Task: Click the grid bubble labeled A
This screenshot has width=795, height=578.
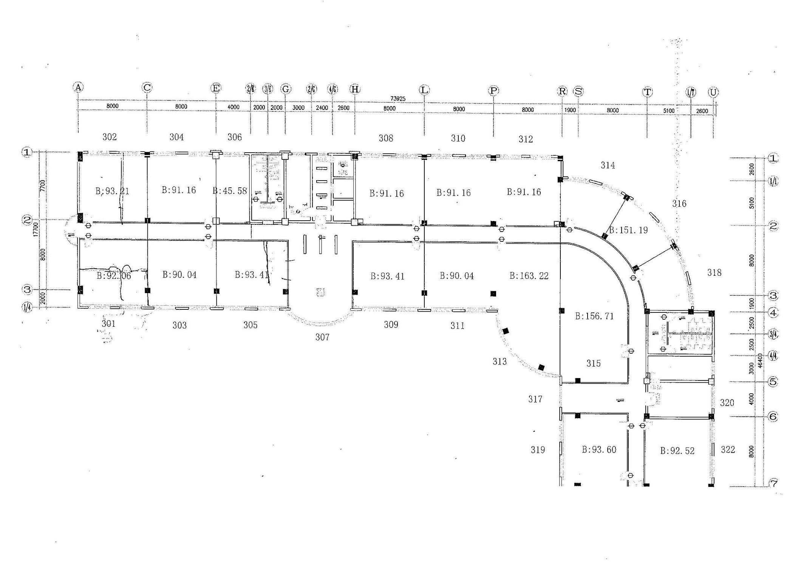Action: coord(78,87)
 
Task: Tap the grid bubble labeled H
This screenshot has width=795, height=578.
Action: coord(355,89)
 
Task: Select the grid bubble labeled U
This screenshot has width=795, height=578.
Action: coord(713,92)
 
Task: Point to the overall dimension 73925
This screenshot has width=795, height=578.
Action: coord(397,99)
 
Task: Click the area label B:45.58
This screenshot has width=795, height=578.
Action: coord(230,191)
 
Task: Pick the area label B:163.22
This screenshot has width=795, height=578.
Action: coord(529,276)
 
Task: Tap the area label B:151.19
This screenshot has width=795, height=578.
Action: coord(628,230)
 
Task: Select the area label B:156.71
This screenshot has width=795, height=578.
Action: coord(594,316)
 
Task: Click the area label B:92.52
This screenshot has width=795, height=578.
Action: coord(677,451)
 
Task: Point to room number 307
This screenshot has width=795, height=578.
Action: coord(322,337)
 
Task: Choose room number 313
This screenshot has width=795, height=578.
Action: coord(499,362)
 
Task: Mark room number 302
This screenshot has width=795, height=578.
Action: coord(110,137)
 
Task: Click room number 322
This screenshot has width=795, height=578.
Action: coord(728,450)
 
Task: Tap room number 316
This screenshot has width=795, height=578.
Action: coord(679,204)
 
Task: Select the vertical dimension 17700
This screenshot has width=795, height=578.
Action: coord(35,229)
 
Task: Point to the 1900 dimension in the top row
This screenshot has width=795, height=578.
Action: coord(570,110)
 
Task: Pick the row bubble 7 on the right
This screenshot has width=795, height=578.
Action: coord(773,482)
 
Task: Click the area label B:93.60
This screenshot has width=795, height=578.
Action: coord(599,450)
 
